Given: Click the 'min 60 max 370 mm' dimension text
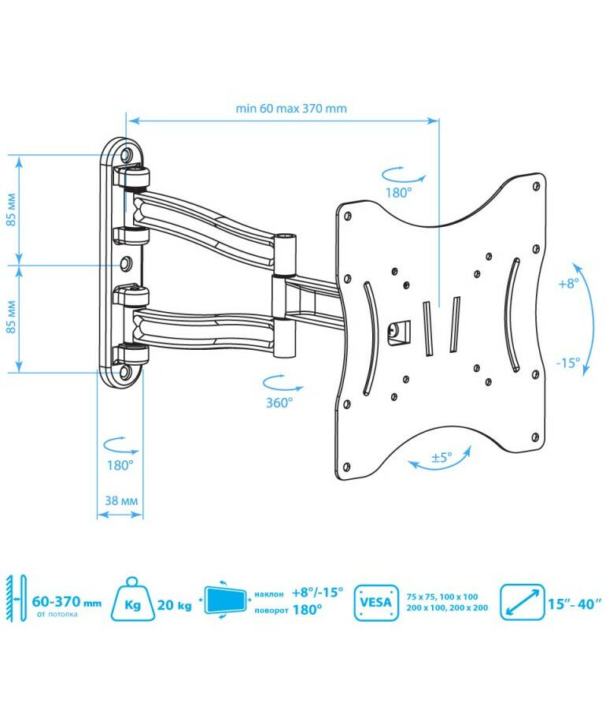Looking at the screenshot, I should pyautogui.click(x=290, y=109).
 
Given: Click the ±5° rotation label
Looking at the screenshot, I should pyautogui.click(x=442, y=456).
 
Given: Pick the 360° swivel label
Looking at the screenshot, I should pyautogui.click(x=279, y=401).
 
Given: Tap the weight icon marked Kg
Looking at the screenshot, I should pyautogui.click(x=134, y=604).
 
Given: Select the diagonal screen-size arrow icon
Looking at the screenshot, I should pyautogui.click(x=521, y=604).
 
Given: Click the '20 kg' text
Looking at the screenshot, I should pyautogui.click(x=175, y=605).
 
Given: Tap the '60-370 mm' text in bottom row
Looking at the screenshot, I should pyautogui.click(x=68, y=602).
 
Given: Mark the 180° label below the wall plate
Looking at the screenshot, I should pyautogui.click(x=120, y=465).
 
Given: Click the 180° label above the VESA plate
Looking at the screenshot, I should pyautogui.click(x=399, y=191).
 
